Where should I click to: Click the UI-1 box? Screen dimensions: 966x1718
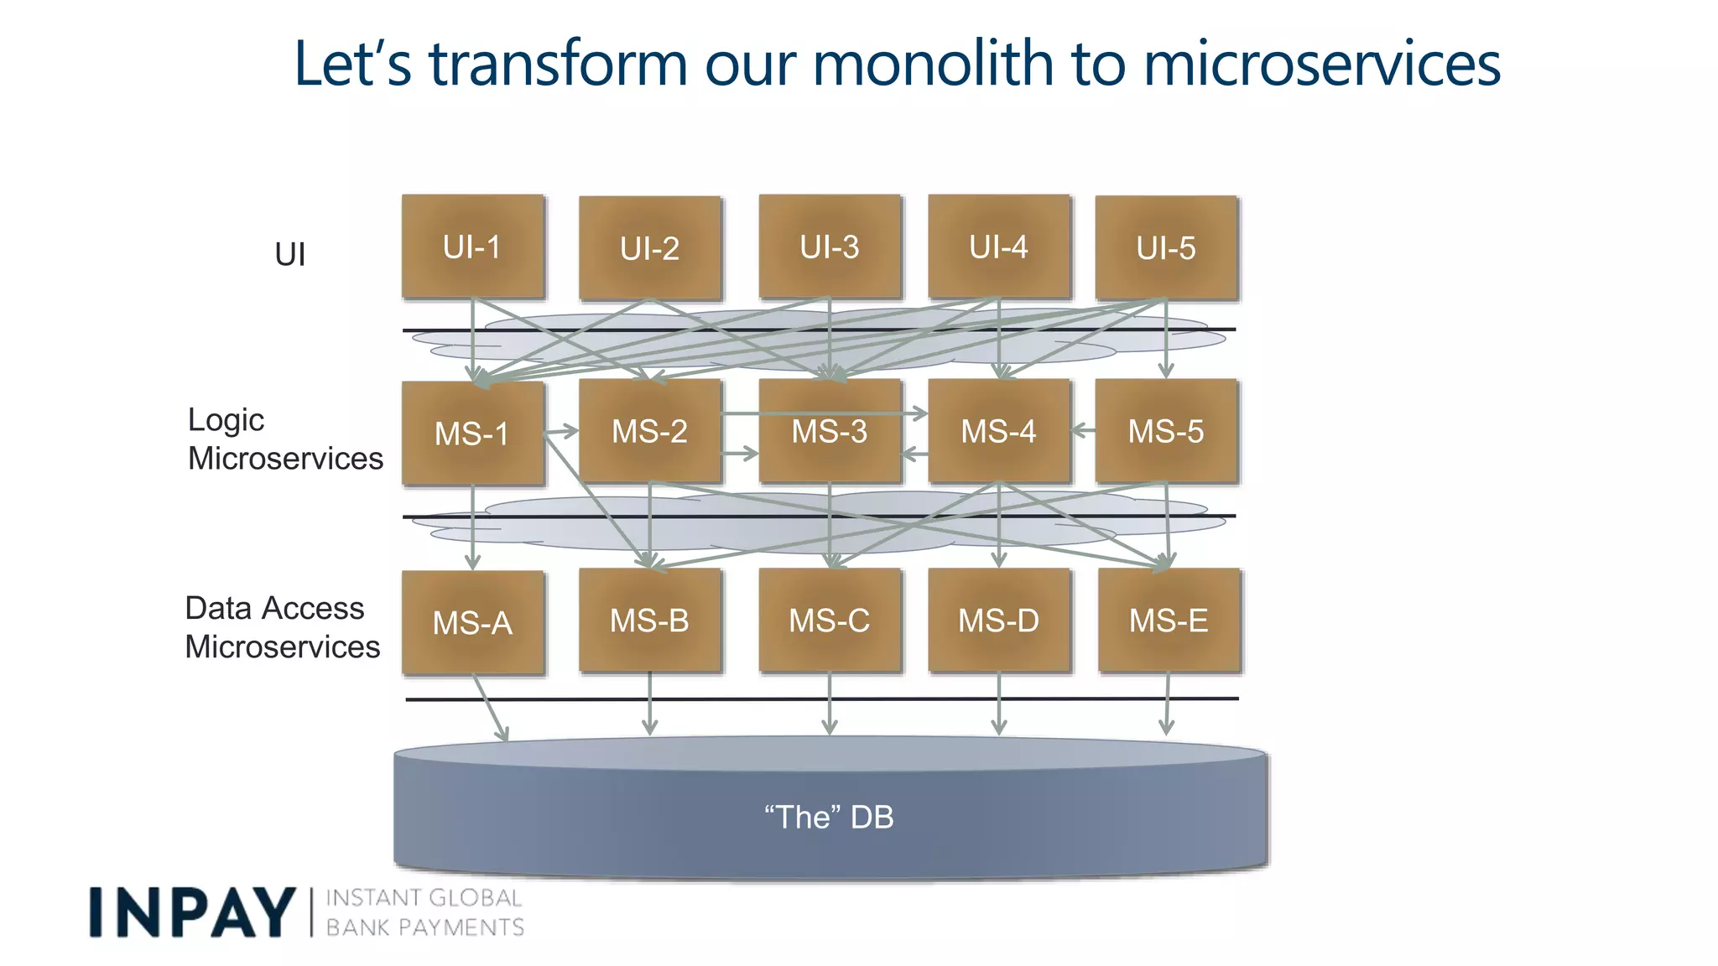(x=472, y=247)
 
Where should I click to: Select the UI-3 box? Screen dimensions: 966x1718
(x=830, y=247)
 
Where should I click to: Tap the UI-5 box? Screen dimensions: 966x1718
(x=1166, y=248)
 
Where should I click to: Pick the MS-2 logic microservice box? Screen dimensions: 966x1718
(x=649, y=431)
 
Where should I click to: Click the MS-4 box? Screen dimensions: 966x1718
(x=998, y=431)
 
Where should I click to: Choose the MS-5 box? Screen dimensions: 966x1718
(x=1166, y=431)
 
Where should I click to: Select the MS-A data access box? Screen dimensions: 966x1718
(x=472, y=622)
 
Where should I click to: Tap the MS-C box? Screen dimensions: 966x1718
(x=830, y=621)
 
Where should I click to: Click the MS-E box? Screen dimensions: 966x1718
(x=1169, y=621)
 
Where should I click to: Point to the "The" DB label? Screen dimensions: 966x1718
(x=829, y=817)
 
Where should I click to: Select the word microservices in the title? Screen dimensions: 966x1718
(x=1321, y=64)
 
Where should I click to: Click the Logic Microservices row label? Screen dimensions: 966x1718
(x=284, y=439)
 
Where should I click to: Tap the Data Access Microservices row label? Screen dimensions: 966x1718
(x=282, y=627)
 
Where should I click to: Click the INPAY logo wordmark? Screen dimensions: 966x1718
(x=192, y=912)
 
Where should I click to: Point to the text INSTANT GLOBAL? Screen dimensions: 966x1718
(x=424, y=898)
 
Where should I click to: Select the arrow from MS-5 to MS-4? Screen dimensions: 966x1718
(x=1084, y=430)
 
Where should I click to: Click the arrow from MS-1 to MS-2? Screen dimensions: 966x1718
(x=562, y=432)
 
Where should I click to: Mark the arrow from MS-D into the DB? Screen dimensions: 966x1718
(x=998, y=704)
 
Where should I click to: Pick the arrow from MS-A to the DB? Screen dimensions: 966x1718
(x=492, y=709)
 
